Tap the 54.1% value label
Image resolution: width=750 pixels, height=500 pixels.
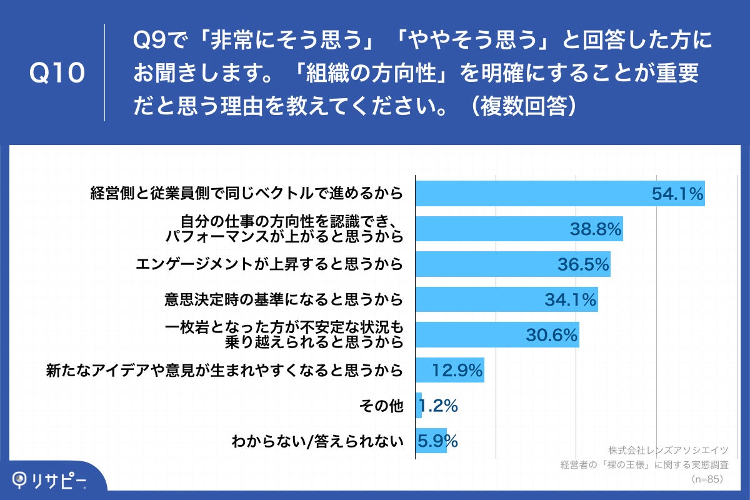click(x=677, y=194)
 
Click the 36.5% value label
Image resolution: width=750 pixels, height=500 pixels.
click(x=583, y=265)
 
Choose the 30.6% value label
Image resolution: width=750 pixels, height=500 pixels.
click(x=550, y=336)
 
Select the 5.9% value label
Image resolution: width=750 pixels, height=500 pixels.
click(x=438, y=441)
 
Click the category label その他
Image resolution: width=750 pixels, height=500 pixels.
click(x=381, y=406)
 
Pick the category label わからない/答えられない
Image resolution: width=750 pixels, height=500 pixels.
click(x=317, y=442)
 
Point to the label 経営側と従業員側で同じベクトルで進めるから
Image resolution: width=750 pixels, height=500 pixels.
click(x=246, y=194)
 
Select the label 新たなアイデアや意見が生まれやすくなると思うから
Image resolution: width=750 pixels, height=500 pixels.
click(x=224, y=371)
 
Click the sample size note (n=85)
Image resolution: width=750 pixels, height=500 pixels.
click(x=706, y=479)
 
